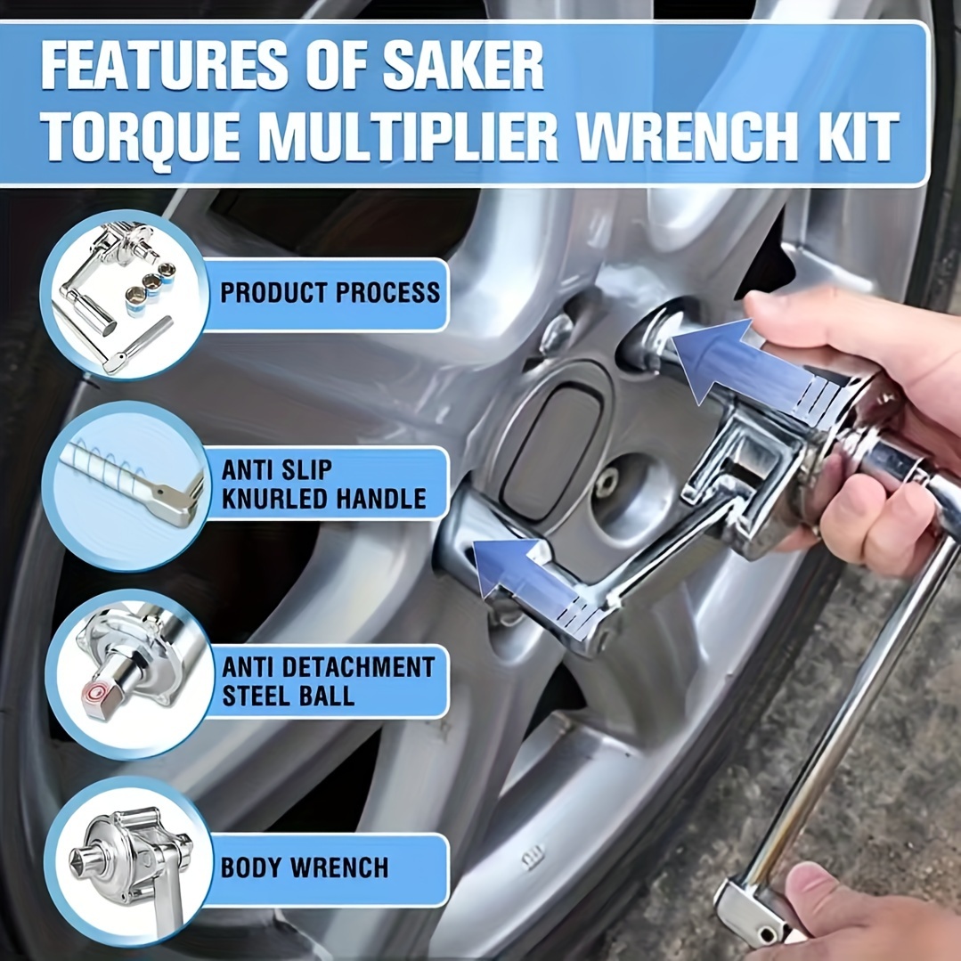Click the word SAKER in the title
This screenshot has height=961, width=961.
(463, 66)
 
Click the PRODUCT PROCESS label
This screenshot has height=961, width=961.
(330, 292)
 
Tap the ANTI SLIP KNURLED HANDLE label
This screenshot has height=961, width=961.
(323, 485)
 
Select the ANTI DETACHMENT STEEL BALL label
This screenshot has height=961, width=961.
(328, 681)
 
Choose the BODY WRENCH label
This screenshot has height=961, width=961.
(305, 867)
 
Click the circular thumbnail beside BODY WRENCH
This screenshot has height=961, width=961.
(128, 862)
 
